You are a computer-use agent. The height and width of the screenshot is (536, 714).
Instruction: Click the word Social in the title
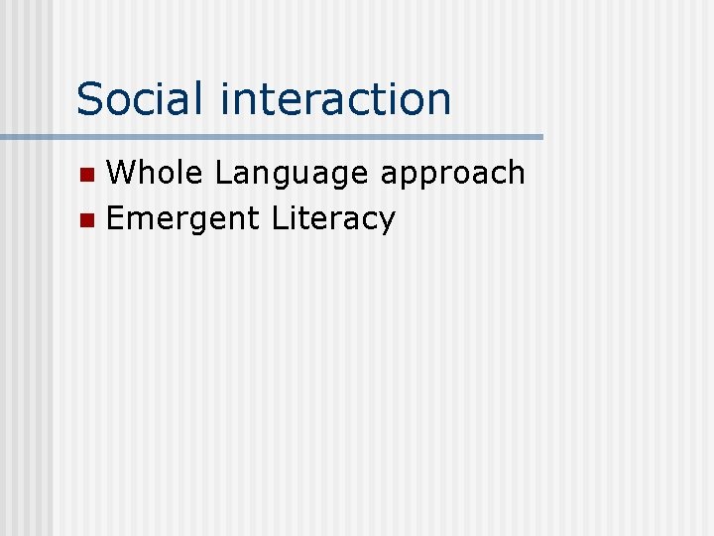[143, 98]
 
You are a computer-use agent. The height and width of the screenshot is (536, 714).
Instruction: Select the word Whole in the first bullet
[156, 173]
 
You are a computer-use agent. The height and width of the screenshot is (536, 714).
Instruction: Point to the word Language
[293, 175]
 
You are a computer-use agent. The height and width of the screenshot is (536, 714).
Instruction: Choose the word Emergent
[183, 219]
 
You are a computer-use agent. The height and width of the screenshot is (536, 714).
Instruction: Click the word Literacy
[333, 218]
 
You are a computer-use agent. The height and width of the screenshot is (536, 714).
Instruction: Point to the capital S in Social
[90, 98]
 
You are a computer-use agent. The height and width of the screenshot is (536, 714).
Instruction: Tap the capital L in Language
[224, 173]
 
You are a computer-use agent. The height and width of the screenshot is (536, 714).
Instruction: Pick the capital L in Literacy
[280, 217]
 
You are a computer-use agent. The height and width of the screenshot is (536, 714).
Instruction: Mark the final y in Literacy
[387, 222]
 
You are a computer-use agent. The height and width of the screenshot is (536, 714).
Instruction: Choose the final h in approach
[516, 173]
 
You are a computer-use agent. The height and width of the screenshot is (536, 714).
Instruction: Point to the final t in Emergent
[256, 218]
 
